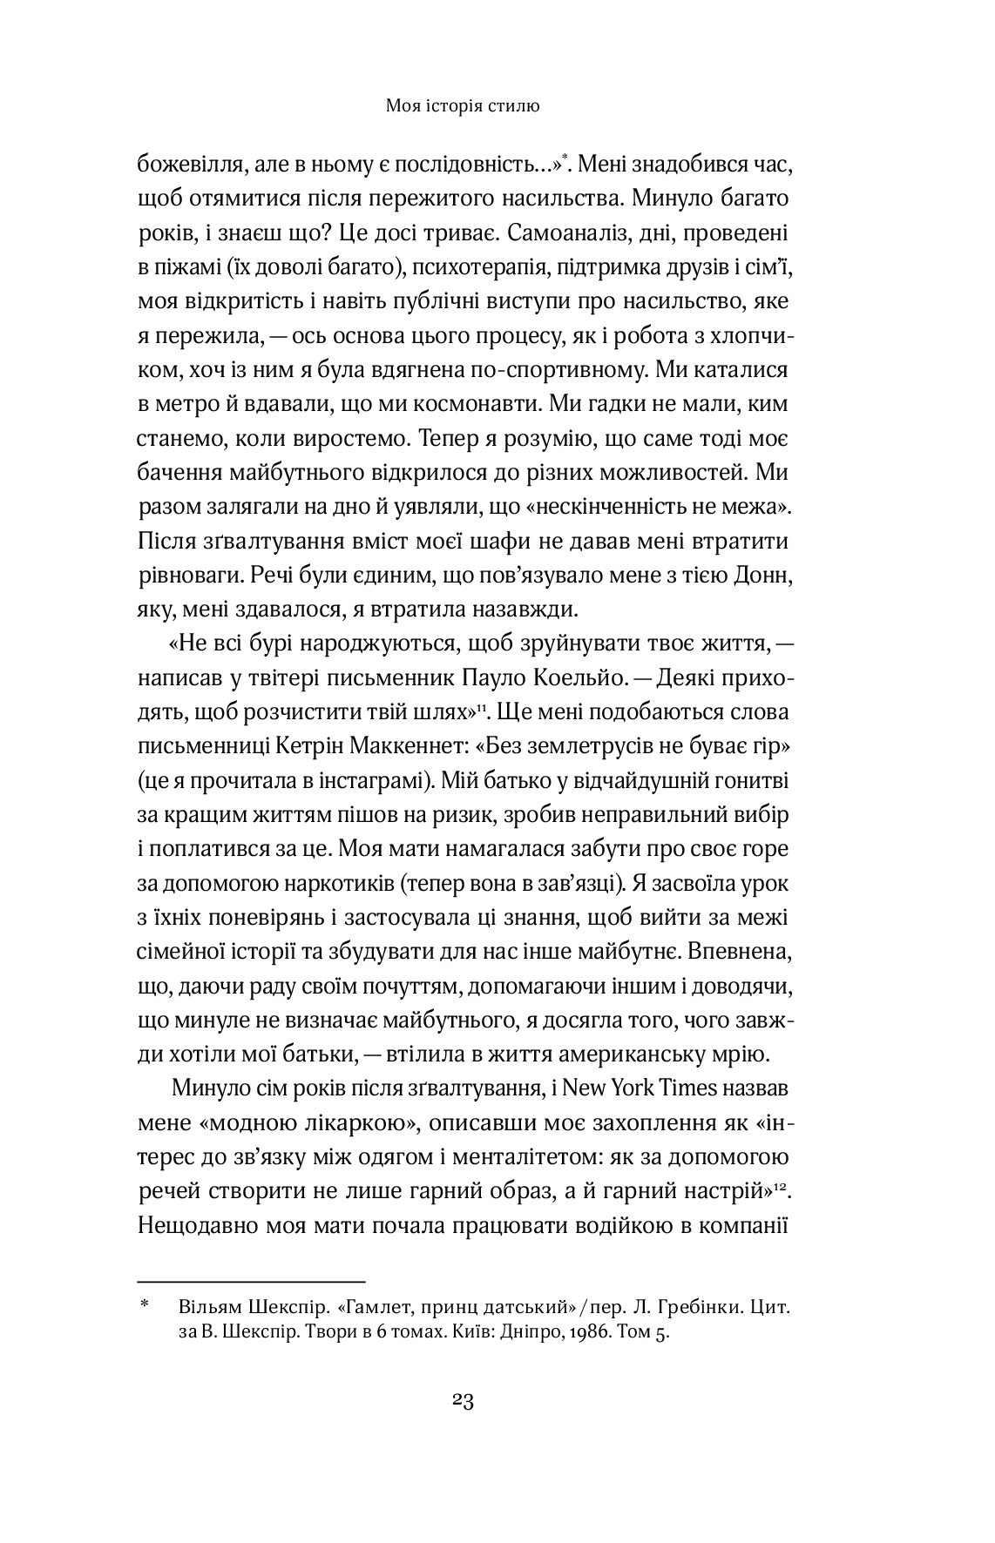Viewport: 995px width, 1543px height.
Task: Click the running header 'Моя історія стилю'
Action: pyautogui.click(x=463, y=107)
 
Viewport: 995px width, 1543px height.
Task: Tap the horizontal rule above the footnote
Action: pyautogui.click(x=251, y=1282)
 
